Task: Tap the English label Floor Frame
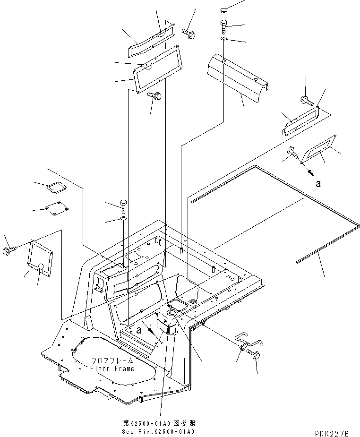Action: [112, 368]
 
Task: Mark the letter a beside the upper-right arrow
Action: [318, 184]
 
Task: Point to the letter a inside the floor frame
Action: [138, 330]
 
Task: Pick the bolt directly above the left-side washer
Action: [123, 205]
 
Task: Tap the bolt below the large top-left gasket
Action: [155, 96]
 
